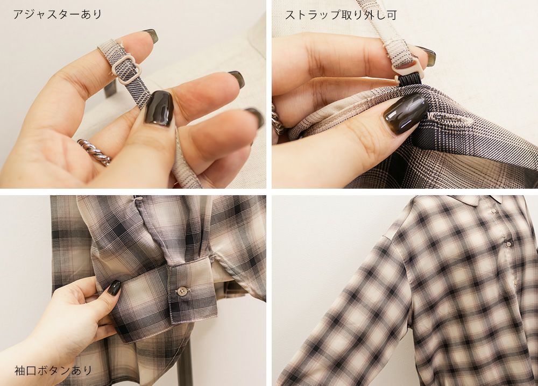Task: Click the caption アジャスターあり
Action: (x=58, y=14)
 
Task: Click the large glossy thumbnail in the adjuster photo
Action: (x=159, y=108)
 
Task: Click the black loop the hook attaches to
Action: (x=410, y=81)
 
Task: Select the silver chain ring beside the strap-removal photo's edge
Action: (x=278, y=119)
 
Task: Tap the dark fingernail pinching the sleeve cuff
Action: (x=114, y=287)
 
